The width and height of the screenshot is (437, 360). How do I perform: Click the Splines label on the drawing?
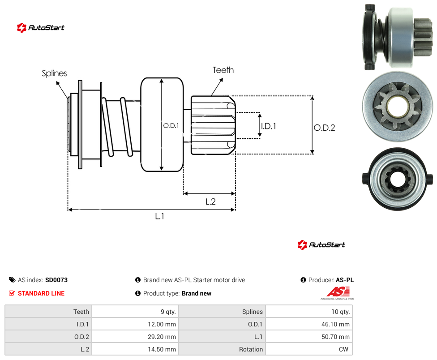[54, 73]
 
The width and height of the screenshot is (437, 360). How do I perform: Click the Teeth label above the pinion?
[223, 70]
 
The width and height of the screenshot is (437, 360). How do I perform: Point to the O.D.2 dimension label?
[325, 128]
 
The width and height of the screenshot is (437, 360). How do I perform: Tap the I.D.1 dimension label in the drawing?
[268, 126]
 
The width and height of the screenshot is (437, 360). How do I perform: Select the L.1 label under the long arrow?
[160, 216]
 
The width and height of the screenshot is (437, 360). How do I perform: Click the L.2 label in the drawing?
[210, 201]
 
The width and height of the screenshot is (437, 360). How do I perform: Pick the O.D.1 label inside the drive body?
[171, 126]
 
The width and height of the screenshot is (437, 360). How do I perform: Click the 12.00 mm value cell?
[135, 324]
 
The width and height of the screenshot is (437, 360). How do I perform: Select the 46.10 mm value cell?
[309, 324]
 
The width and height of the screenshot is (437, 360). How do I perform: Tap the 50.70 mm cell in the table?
[309, 337]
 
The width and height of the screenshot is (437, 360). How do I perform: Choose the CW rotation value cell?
[309, 349]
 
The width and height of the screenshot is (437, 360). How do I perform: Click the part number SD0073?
[56, 280]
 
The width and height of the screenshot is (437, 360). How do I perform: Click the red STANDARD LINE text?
[41, 293]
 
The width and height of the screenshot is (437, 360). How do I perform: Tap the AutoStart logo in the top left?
[41, 28]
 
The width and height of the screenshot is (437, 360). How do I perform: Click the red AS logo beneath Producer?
[338, 293]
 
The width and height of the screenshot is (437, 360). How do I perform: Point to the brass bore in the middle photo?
[398, 107]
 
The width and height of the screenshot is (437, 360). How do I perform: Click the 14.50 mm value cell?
[135, 349]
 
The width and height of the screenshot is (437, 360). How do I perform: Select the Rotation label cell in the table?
[222, 349]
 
